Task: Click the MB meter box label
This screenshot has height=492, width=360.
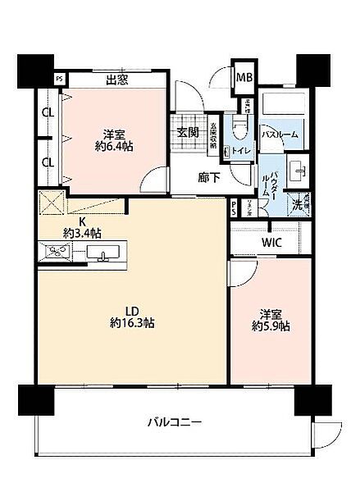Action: pos(244,77)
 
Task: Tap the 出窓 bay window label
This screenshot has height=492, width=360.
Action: pos(118,80)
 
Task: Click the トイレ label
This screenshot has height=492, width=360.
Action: pos(241,150)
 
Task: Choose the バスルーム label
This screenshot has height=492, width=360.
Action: pos(280,133)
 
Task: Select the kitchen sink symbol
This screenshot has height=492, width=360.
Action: pos(104,253)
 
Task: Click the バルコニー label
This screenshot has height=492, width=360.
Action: pos(175,423)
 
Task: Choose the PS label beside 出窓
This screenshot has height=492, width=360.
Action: pos(59,79)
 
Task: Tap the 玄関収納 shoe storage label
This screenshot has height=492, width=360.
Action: pos(213,133)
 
